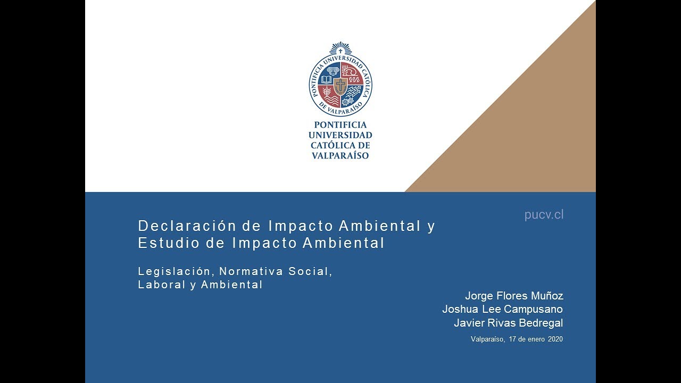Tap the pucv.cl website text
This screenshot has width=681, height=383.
tap(544, 215)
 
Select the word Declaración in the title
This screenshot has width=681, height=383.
tap(186, 226)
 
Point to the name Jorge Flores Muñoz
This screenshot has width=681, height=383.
tap(514, 296)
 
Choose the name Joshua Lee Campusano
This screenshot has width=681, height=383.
tap(502, 309)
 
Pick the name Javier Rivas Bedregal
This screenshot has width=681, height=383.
tap(508, 323)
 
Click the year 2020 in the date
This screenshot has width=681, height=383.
tap(555, 339)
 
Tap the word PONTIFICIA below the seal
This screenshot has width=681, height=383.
tap(340, 125)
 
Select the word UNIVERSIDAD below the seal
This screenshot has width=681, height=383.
tap(340, 135)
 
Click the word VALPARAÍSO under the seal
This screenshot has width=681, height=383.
tap(340, 156)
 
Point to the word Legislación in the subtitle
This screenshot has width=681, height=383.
tap(174, 271)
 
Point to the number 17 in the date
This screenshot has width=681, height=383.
tap(513, 339)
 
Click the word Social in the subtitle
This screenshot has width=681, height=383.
tap(310, 271)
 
